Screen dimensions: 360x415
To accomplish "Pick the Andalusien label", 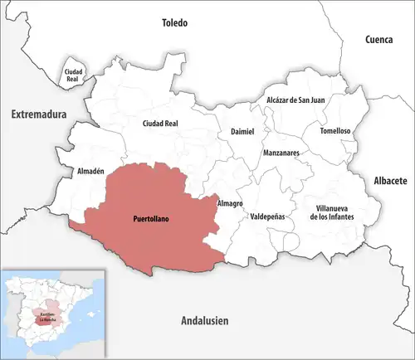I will (x=205, y=320).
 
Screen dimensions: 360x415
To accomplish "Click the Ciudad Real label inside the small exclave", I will (x=74, y=75).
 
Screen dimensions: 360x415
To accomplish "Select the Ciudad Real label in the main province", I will (x=161, y=124).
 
